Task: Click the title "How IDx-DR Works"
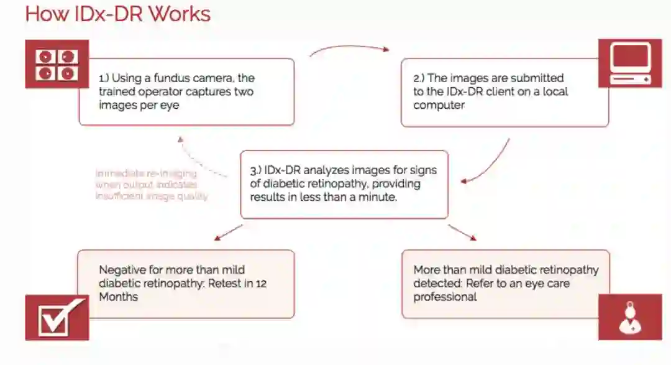pos(117,14)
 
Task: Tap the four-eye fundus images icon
pos(57,65)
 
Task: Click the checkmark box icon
pos(57,318)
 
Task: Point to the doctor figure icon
pos(630,318)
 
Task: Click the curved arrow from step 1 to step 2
pos(349,48)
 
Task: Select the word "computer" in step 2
pos(439,105)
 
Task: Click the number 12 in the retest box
pos(261,284)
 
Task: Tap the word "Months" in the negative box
pos(119,297)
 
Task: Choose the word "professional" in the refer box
pos(445,297)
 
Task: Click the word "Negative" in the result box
pos(124,270)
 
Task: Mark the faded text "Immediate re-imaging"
pos(145,173)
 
